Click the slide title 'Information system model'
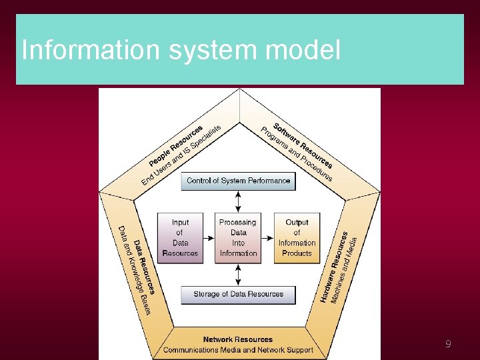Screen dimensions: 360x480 (181, 50)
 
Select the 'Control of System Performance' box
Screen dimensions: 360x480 (238, 181)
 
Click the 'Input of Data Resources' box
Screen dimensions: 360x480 (180, 237)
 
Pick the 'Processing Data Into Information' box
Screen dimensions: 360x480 (238, 237)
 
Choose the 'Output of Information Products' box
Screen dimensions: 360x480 (297, 237)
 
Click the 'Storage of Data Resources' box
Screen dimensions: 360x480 (238, 294)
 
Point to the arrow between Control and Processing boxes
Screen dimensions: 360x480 (239, 201)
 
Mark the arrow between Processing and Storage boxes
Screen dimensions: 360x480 (239, 274)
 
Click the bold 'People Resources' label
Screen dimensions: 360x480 (175, 145)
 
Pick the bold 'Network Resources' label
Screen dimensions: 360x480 (238, 339)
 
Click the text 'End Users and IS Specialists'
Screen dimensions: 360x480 (181, 155)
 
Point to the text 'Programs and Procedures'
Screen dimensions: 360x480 (296, 154)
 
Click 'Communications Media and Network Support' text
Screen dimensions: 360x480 (238, 349)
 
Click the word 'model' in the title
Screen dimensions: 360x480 (307, 50)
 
